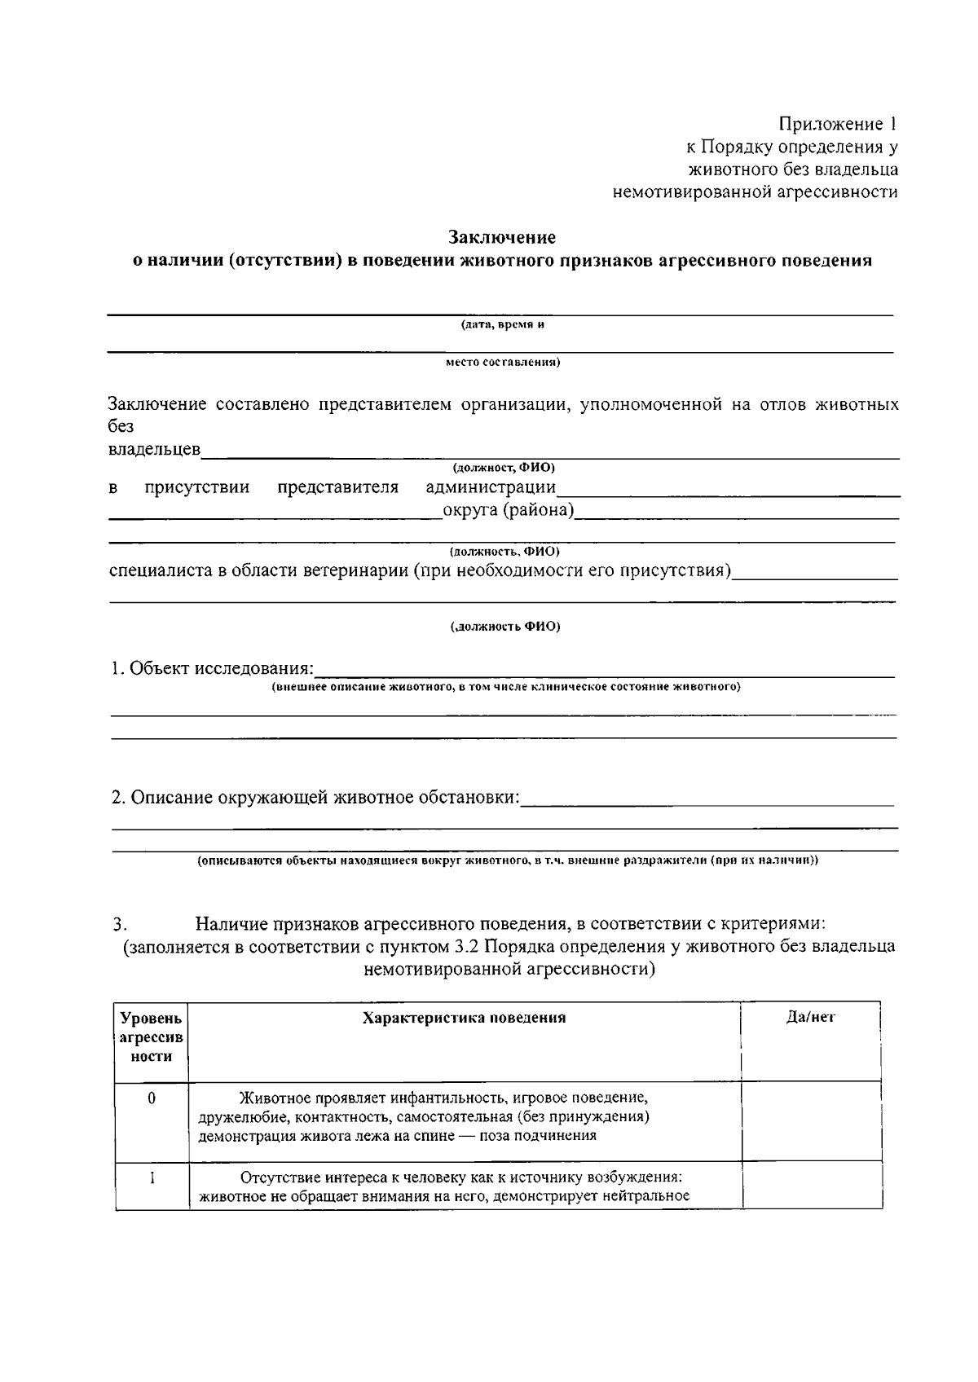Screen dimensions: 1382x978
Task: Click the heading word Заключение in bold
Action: [x=502, y=237]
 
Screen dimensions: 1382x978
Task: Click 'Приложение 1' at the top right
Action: [x=837, y=124]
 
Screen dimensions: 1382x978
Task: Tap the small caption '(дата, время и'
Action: [x=502, y=324]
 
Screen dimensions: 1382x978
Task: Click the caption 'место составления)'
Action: [x=502, y=362]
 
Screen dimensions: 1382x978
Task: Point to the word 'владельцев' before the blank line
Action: [x=155, y=450]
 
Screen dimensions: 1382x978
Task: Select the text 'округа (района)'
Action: [x=508, y=511]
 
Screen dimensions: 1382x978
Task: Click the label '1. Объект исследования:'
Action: [x=212, y=668]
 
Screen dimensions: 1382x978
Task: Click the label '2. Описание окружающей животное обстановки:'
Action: [x=315, y=797]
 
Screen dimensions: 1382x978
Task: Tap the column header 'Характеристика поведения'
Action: [x=464, y=1018]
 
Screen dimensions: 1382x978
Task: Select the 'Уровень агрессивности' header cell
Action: [x=152, y=1037]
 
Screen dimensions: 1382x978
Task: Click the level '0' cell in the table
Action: [x=152, y=1098]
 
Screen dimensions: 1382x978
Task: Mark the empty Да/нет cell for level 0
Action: [x=811, y=1120]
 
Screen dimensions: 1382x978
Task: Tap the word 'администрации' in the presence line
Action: [x=491, y=487]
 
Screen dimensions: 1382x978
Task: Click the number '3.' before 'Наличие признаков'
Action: [x=121, y=925]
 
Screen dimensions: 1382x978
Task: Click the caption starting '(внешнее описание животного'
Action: [x=505, y=687]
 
